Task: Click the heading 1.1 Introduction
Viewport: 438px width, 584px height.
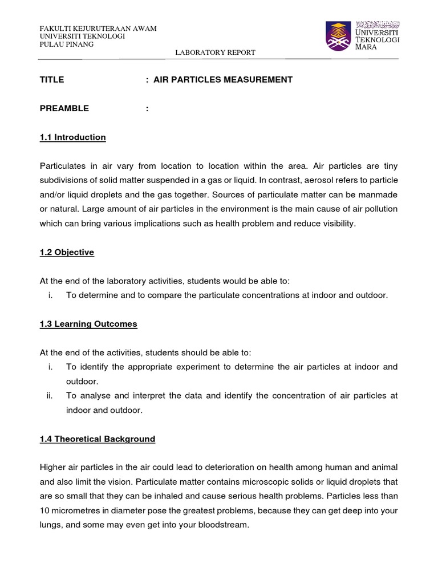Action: point(72,137)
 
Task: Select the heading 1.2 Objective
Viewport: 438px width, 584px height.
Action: point(67,253)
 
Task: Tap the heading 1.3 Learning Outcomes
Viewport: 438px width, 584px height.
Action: point(88,324)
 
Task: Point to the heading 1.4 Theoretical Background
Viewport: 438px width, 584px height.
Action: point(97,439)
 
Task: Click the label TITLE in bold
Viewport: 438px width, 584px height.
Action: point(52,80)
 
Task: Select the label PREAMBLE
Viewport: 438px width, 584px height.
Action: point(64,108)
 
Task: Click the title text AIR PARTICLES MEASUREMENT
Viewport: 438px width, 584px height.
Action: point(222,80)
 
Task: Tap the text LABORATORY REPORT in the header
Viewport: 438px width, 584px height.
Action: point(215,52)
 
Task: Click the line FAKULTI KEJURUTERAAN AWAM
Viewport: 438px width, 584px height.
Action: point(98,29)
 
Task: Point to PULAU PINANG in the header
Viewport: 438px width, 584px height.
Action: point(66,44)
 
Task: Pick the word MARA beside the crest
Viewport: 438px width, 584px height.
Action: point(367,48)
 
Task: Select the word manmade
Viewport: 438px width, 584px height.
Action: point(376,195)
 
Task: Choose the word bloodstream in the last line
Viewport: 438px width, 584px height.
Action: point(222,525)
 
